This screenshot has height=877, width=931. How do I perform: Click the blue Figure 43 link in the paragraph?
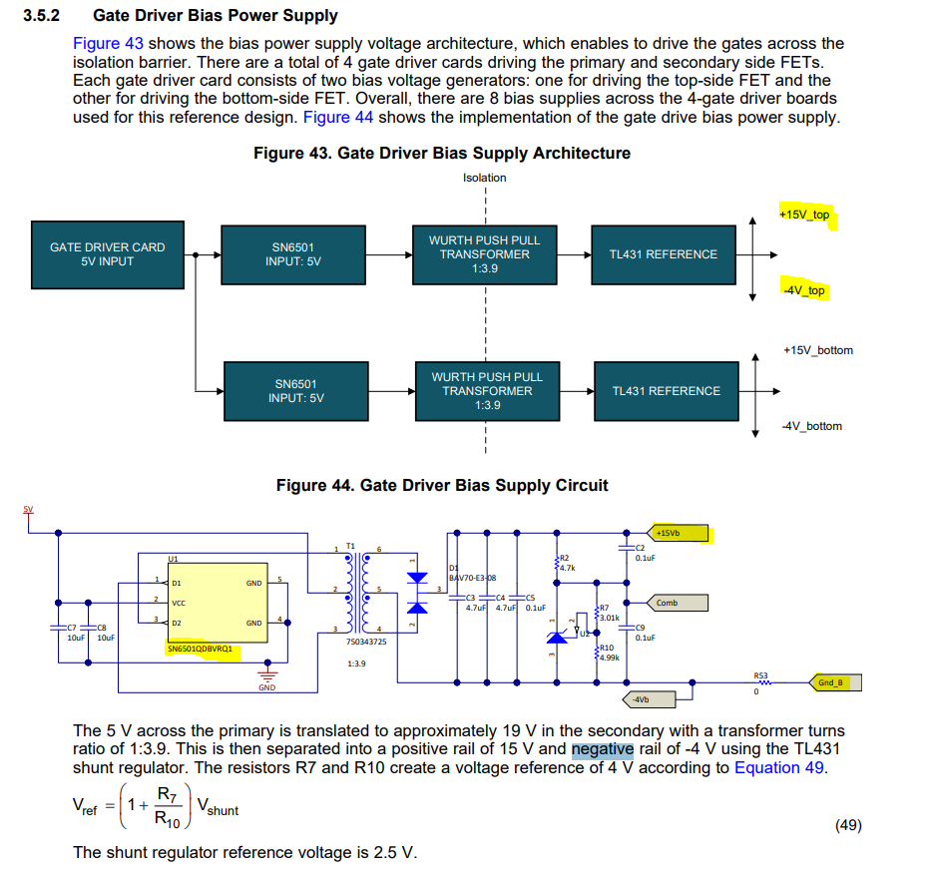[108, 44]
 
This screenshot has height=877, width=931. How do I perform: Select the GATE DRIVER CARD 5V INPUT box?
[107, 254]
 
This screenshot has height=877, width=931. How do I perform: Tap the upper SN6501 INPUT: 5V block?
[293, 254]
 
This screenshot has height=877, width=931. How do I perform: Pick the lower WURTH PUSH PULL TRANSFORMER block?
[486, 391]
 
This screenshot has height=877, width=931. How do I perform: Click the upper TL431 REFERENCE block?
[664, 254]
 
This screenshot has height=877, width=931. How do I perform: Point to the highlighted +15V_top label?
[804, 215]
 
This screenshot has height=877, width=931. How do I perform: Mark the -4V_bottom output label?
[811, 426]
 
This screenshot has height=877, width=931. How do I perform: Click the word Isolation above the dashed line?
[484, 178]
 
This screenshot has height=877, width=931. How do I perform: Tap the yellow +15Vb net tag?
[679, 533]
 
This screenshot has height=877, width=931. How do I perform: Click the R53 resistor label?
[760, 675]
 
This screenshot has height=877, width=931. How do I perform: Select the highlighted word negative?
[602, 748]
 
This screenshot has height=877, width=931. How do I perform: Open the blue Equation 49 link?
[781, 767]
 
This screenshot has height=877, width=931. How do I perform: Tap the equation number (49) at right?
[847, 824]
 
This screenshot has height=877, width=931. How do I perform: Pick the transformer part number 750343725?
[366, 642]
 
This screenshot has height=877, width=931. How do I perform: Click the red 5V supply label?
[28, 510]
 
